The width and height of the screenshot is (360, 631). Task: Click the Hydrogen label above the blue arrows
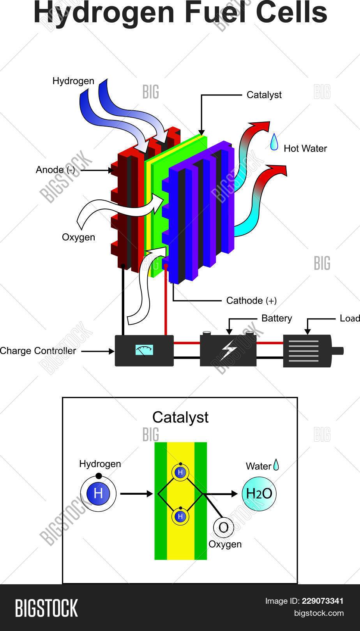click(73, 81)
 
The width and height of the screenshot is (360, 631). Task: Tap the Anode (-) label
click(55, 170)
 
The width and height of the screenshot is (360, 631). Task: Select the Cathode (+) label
click(251, 300)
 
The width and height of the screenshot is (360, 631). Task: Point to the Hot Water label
click(305, 148)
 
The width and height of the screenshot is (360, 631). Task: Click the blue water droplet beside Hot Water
click(275, 143)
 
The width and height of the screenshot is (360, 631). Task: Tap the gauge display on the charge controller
click(144, 350)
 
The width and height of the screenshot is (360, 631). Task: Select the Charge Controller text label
click(38, 351)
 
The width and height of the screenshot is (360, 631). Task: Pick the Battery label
click(276, 318)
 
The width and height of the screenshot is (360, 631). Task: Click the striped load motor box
click(308, 351)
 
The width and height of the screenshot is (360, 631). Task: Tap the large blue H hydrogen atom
click(98, 494)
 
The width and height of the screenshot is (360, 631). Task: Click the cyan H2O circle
click(259, 494)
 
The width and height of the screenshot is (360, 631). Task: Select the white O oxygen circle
click(223, 527)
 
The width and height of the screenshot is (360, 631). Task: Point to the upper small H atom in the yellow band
click(180, 472)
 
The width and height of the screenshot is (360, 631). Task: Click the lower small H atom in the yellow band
click(180, 516)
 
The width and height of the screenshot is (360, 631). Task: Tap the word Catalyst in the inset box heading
click(180, 417)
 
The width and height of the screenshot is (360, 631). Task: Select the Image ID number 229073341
click(323, 601)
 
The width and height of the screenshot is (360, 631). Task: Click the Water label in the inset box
click(258, 466)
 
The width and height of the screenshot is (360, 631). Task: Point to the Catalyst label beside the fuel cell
click(264, 95)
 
